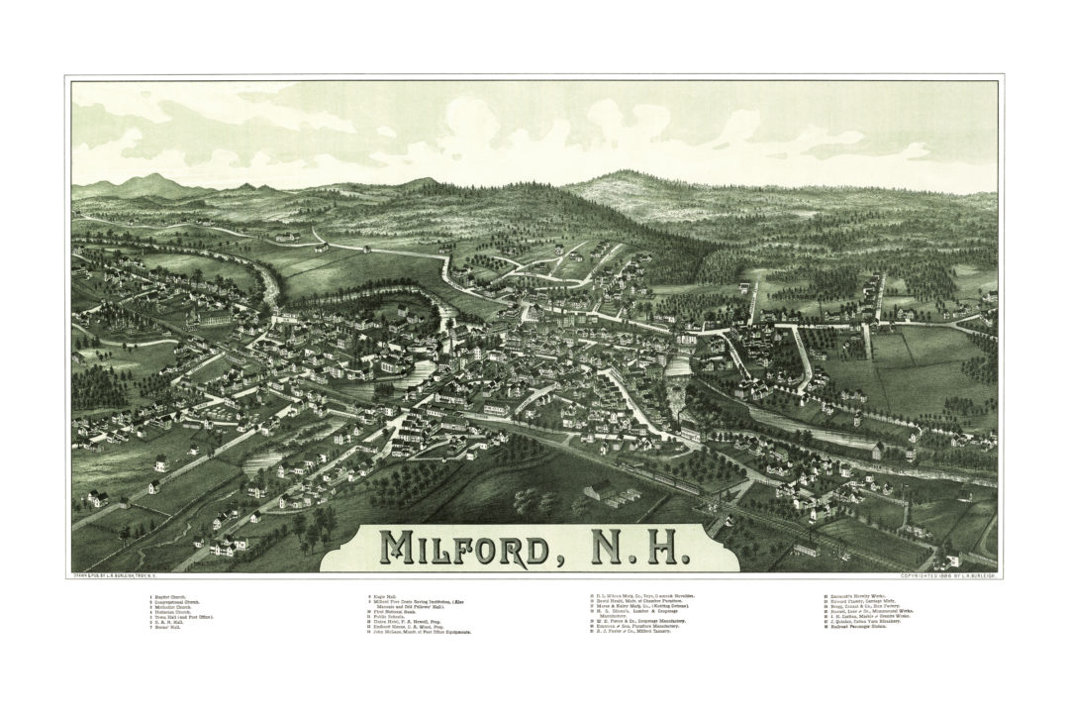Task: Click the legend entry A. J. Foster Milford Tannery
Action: pyautogui.click(x=633, y=632)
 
